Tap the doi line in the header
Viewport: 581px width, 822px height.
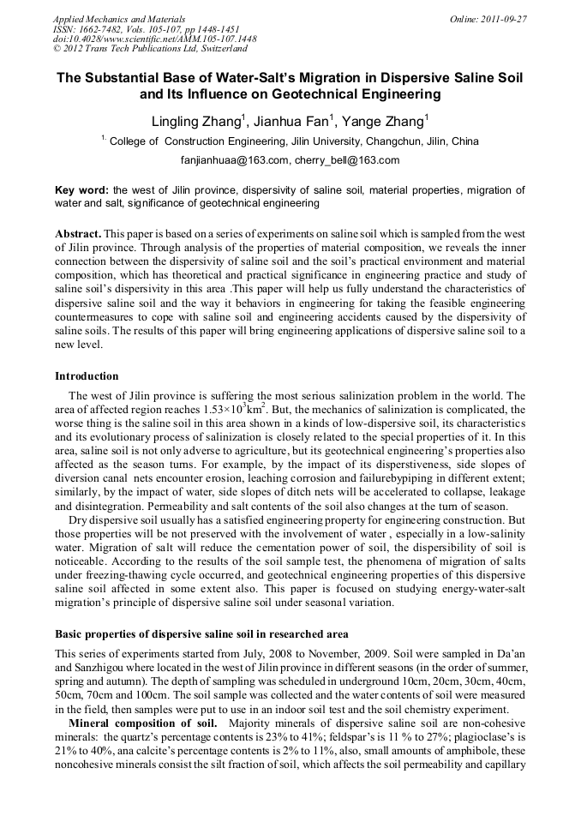154,39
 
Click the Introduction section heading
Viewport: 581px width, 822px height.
87,376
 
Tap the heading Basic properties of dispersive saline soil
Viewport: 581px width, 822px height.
201,634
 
